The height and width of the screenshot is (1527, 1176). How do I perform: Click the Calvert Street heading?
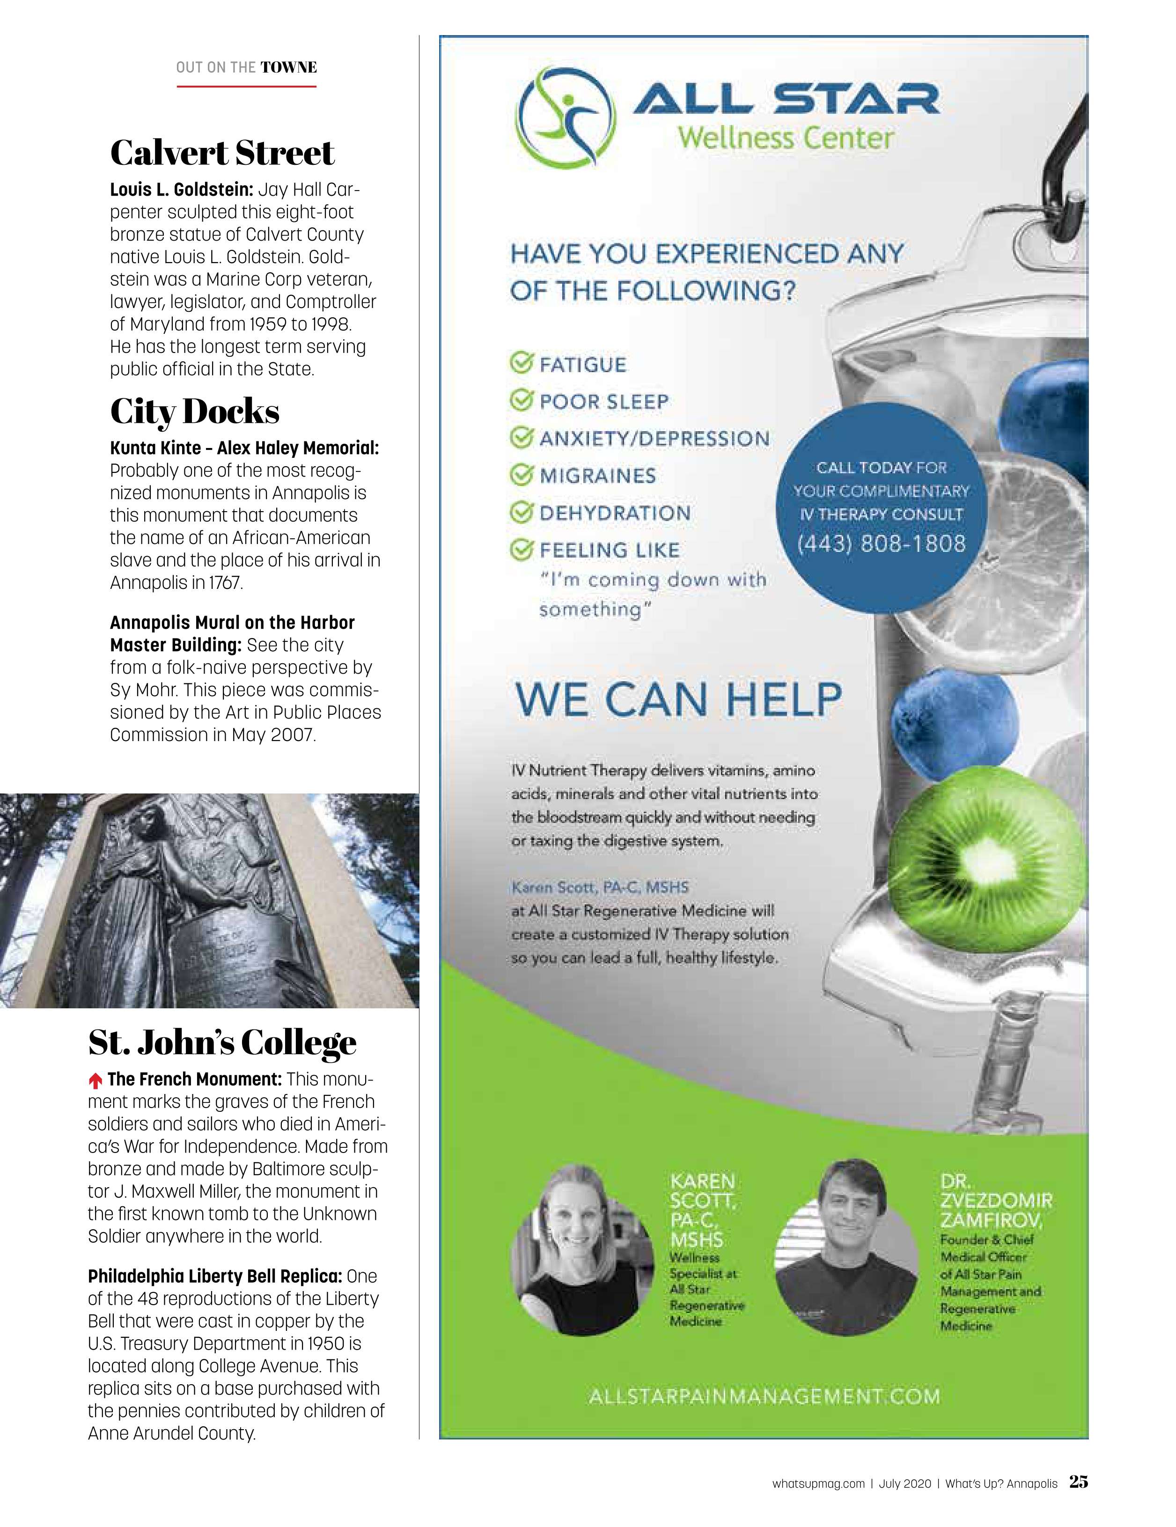[222, 153]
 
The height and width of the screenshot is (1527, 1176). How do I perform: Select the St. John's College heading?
[222, 1043]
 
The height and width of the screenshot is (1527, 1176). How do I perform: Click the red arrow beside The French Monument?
[96, 1081]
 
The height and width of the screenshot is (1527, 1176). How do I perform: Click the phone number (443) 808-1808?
[881, 543]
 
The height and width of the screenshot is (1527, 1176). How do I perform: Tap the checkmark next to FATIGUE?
[520, 364]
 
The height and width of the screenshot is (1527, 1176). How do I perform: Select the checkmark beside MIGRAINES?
[520, 476]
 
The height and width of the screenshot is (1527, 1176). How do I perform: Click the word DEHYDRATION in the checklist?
[615, 513]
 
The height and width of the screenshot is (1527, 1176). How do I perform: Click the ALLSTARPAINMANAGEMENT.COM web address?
[764, 1396]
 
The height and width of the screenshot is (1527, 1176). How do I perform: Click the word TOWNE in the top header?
[289, 67]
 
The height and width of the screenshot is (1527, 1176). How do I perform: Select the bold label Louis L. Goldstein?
[182, 190]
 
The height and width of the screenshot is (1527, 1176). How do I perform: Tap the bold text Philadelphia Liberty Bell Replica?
[214, 1276]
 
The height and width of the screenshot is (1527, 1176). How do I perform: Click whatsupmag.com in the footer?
[818, 1483]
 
